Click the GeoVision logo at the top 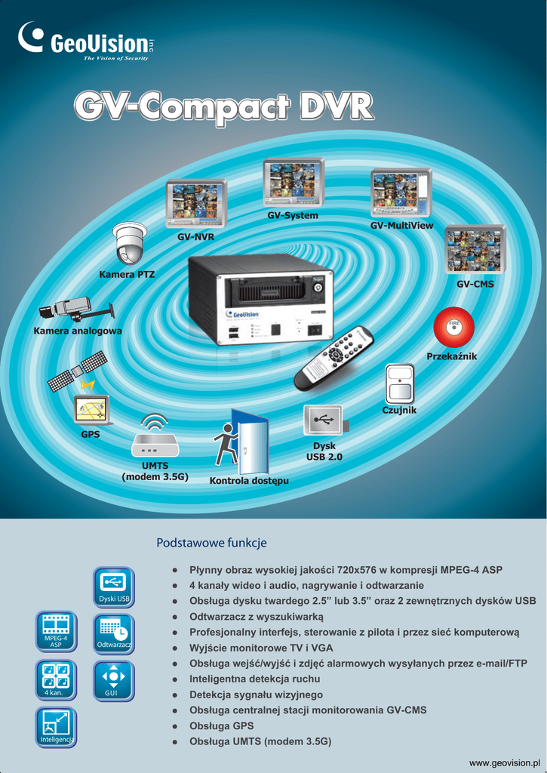point(85,42)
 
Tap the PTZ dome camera point(128,242)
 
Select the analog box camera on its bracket point(75,308)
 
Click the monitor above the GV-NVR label point(196,202)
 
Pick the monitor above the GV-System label point(293,182)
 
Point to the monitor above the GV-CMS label point(475,249)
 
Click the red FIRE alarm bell point(453,327)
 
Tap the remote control point(333,357)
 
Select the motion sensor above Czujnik point(399,383)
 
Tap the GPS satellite point(76,371)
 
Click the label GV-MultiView point(401,226)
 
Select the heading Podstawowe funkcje point(211,543)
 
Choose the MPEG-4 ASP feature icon point(56,631)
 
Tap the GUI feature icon point(113,680)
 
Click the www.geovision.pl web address point(505,763)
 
